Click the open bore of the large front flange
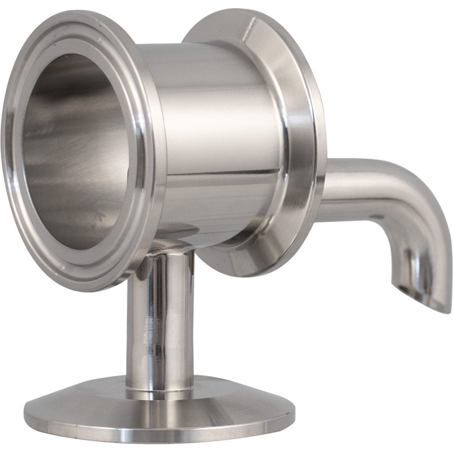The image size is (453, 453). click(x=75, y=150)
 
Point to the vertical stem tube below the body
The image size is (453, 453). click(x=159, y=319)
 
